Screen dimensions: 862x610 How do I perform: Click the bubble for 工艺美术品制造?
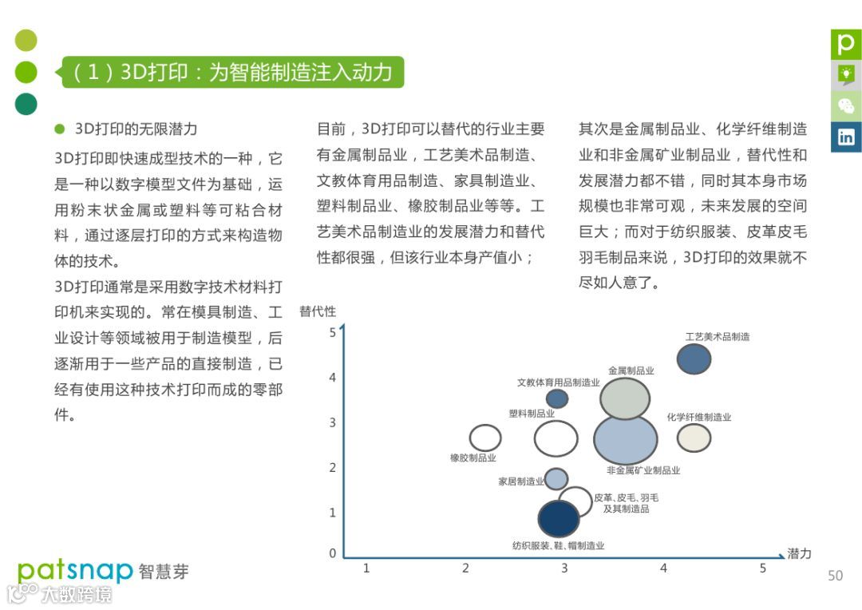tap(694, 358)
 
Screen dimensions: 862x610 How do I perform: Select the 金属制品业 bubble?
tap(625, 398)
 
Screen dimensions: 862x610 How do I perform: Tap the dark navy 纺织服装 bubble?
tap(558, 518)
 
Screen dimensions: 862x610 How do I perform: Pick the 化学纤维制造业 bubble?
tap(694, 438)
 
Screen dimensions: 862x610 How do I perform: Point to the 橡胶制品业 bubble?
tap(484, 438)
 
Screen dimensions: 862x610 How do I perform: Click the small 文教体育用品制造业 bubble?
tap(557, 398)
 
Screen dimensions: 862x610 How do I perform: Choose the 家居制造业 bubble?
tap(556, 479)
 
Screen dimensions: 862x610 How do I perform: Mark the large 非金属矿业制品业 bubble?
tap(626, 438)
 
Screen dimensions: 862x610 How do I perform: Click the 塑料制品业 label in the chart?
tap(532, 414)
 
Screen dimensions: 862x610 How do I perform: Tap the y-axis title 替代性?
tap(318, 311)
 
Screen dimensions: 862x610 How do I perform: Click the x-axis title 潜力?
tap(799, 553)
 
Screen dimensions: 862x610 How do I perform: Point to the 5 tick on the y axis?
tap(333, 332)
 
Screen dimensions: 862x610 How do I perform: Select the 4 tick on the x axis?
tap(663, 568)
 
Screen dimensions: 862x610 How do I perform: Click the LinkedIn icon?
tap(845, 137)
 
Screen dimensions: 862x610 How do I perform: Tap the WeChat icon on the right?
tap(845, 105)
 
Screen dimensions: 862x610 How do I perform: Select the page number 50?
tap(835, 576)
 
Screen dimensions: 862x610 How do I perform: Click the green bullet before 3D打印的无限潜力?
tap(59, 129)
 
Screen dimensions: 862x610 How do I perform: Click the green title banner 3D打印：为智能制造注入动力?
tap(233, 73)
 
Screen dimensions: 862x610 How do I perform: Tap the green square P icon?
tap(845, 43)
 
